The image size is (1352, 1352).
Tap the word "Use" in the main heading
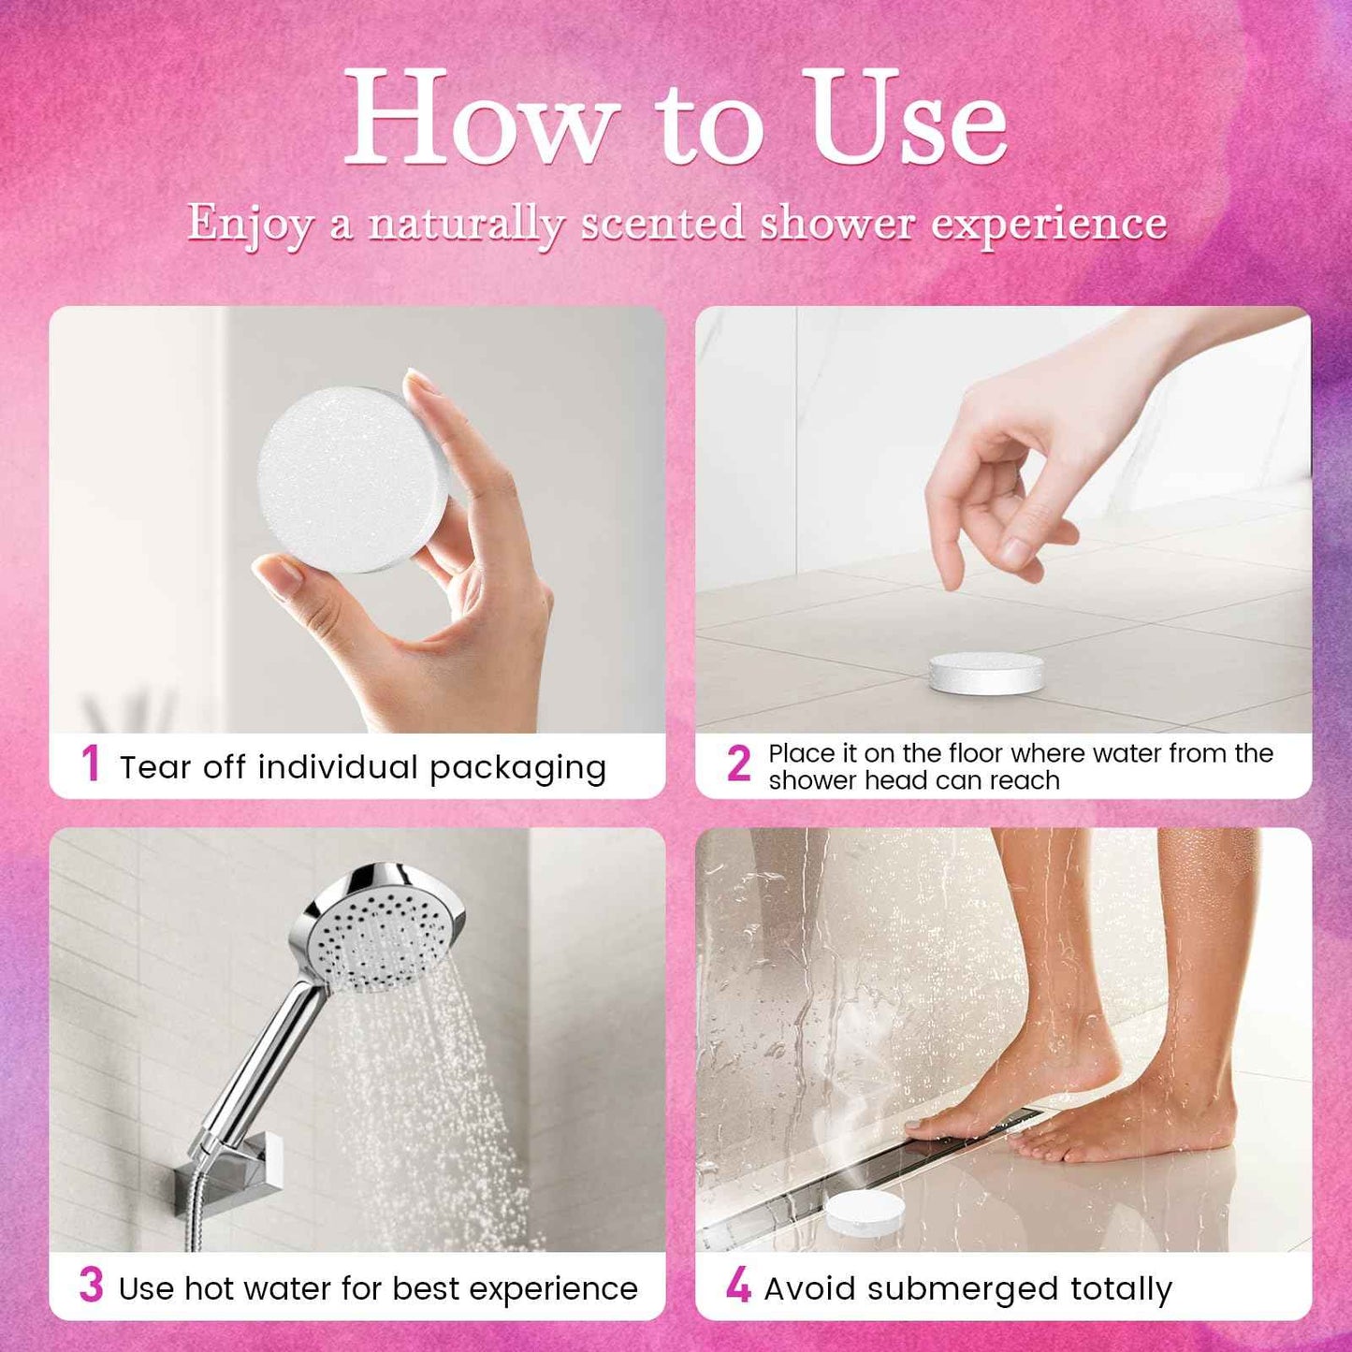click(x=909, y=120)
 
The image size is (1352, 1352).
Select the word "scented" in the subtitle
click(x=662, y=223)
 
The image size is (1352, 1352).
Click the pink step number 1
click(x=91, y=763)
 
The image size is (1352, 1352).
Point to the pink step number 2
click(x=738, y=764)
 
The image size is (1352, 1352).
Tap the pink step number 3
click(x=91, y=1286)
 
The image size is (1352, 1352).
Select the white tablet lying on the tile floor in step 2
click(x=986, y=674)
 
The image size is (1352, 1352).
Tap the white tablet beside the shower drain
click(x=865, y=1212)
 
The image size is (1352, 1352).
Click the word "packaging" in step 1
click(x=517, y=768)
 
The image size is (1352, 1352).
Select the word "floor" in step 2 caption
click(x=976, y=753)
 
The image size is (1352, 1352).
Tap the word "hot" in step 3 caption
click(x=206, y=1288)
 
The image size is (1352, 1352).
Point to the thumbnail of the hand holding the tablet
click(x=356, y=520)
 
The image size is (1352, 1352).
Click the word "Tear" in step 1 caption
click(x=155, y=767)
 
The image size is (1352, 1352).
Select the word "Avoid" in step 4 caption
click(x=810, y=1288)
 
